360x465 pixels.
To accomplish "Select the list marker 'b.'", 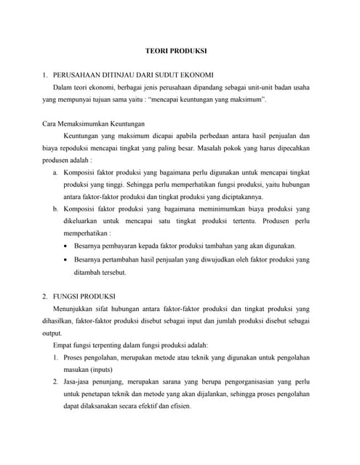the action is coord(56,209).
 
